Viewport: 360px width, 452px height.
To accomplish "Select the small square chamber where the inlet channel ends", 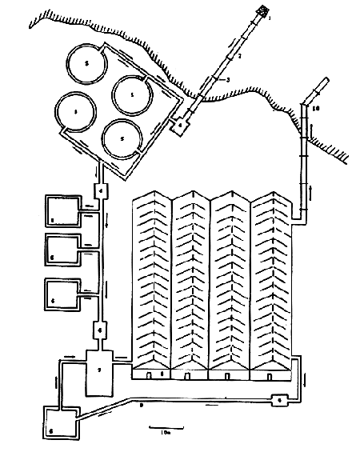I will [182, 125].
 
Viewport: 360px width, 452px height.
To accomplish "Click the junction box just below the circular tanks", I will [102, 190].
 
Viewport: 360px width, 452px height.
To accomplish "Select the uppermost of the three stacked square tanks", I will [62, 212].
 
